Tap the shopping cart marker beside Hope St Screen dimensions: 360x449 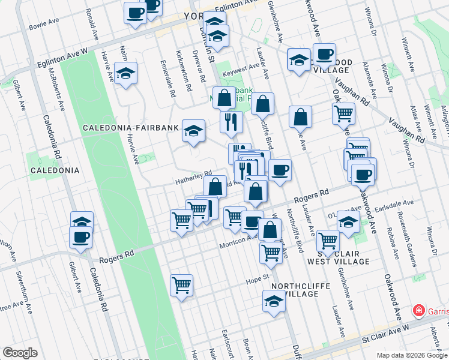pyautogui.click(x=181, y=285)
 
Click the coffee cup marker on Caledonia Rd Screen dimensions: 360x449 pyautogui.click(x=80, y=236)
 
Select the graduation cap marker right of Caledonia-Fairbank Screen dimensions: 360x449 pyautogui.click(x=193, y=131)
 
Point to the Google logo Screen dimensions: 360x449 pyautogui.click(x=20, y=353)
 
